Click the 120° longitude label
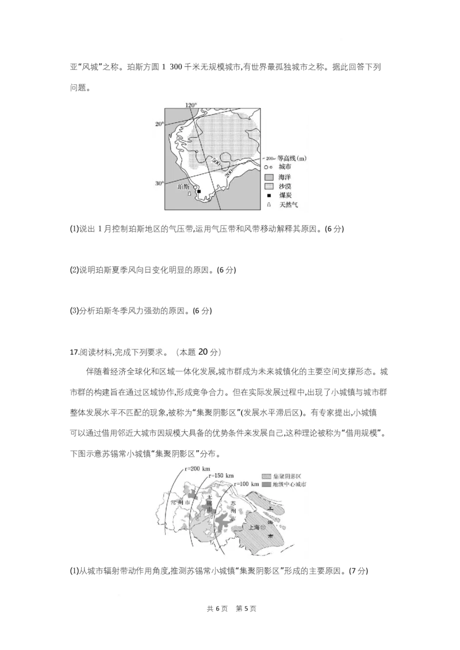[x=191, y=105]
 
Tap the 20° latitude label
[x=159, y=124]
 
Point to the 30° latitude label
[x=159, y=183]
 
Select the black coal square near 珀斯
[x=199, y=191]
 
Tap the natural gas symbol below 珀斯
[x=190, y=195]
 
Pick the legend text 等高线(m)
[x=292, y=158]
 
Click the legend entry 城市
[x=285, y=167]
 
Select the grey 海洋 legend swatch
[x=268, y=176]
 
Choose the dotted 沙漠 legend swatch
[x=268, y=186]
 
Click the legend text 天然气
[x=289, y=204]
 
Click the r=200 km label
[x=198, y=469]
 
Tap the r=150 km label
[x=221, y=476]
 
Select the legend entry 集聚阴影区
[x=286, y=477]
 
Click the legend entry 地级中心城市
[x=289, y=485]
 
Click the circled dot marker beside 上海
[x=263, y=527]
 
